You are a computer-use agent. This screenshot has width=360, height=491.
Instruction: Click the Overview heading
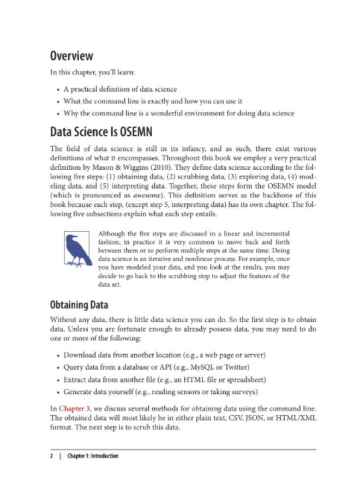[71, 56]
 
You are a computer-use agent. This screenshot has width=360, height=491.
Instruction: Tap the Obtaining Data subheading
[79, 304]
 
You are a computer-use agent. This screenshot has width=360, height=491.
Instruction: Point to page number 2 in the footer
[51, 456]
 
